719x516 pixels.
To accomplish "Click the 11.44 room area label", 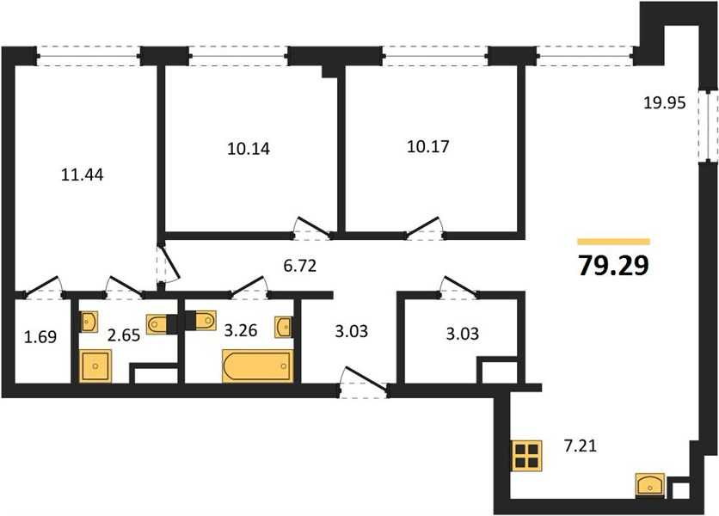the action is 83,175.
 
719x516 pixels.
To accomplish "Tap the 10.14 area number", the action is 249,149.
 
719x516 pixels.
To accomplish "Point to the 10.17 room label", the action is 428,147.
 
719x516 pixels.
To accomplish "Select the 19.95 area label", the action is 665,103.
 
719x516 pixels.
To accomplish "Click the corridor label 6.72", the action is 300,266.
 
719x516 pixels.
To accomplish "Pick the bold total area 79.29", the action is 614,266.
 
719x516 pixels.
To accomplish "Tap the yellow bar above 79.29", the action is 614,242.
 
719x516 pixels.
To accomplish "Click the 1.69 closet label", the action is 40,337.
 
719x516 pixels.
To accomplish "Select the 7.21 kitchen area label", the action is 581,445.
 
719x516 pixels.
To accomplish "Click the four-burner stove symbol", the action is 527,456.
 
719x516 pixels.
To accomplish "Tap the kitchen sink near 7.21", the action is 650,485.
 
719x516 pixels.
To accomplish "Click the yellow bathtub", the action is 258,365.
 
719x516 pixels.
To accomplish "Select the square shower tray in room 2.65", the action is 95,365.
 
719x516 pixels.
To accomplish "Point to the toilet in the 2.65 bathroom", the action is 157,324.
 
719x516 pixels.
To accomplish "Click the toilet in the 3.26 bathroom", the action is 205,320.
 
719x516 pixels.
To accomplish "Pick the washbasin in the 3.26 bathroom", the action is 284,327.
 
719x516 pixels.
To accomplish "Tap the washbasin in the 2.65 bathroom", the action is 88,322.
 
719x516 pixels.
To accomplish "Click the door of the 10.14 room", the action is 313,227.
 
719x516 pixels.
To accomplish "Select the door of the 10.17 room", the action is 425,227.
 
